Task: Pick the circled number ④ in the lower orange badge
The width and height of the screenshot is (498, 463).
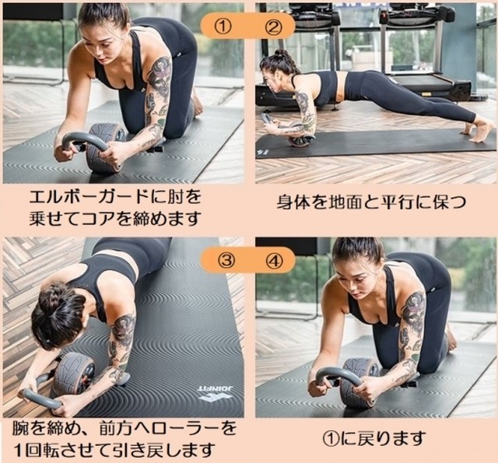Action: point(275,261)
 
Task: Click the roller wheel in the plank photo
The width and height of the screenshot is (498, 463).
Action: point(299,135)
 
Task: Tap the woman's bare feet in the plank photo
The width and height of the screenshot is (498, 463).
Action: point(476,131)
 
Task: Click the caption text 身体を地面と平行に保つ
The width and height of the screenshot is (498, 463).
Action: point(372,202)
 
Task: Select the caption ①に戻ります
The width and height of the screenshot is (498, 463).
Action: point(373,439)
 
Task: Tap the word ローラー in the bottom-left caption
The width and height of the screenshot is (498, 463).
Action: point(192,429)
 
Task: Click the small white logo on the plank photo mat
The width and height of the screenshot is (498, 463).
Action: point(262,153)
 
